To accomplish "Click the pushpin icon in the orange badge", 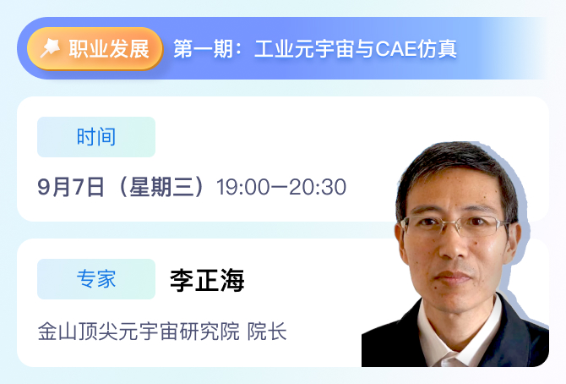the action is point(50,48).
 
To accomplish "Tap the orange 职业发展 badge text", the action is point(109,49).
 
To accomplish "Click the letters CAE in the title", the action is point(396,49).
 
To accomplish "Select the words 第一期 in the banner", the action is point(203,49).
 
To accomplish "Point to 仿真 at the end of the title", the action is point(437,49).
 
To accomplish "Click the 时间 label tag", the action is point(96,137).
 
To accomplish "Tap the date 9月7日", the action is point(71,187).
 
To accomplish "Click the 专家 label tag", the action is point(96,279).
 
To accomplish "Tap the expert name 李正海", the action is point(207,280).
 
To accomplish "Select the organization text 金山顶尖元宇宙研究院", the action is point(139,332).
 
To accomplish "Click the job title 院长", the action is point(267,332).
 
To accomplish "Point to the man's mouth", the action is point(453,277).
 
